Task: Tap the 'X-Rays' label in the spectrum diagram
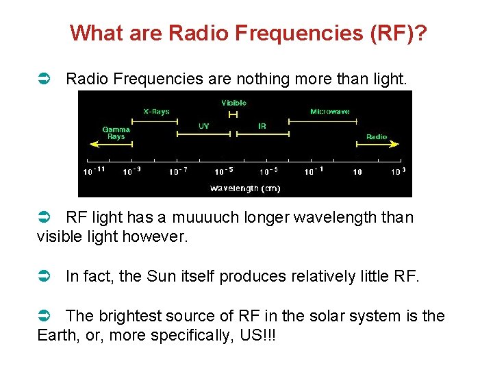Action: pos(156,111)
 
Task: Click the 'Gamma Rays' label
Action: pos(116,132)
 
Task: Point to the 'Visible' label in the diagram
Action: pos(233,103)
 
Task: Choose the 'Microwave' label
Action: pos(329,111)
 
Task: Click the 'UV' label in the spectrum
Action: pos(203,126)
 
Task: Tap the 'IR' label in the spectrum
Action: pos(262,126)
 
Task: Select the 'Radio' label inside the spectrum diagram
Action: pos(376,136)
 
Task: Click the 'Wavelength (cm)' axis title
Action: pos(244,188)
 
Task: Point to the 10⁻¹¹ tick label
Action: pos(94,171)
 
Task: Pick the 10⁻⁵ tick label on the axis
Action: pos(223,171)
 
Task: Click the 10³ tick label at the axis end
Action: pos(398,171)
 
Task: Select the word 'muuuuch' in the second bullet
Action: pos(203,218)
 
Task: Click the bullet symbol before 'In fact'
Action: pos(43,277)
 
